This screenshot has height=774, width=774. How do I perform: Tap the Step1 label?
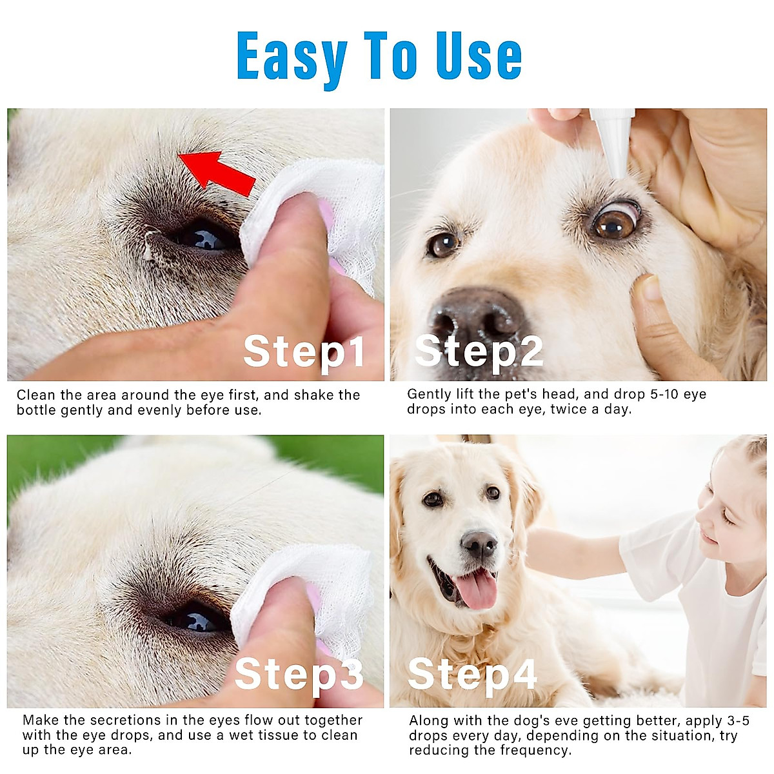pos(304,352)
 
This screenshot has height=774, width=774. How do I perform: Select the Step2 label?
pos(479,352)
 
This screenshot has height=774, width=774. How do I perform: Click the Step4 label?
pos(472,674)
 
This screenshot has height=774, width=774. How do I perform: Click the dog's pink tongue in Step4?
pos(477,588)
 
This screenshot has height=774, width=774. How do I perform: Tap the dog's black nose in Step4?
pos(479,544)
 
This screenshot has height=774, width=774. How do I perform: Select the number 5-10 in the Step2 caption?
pos(646,394)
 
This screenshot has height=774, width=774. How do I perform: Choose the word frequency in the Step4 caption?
pos(538,750)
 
